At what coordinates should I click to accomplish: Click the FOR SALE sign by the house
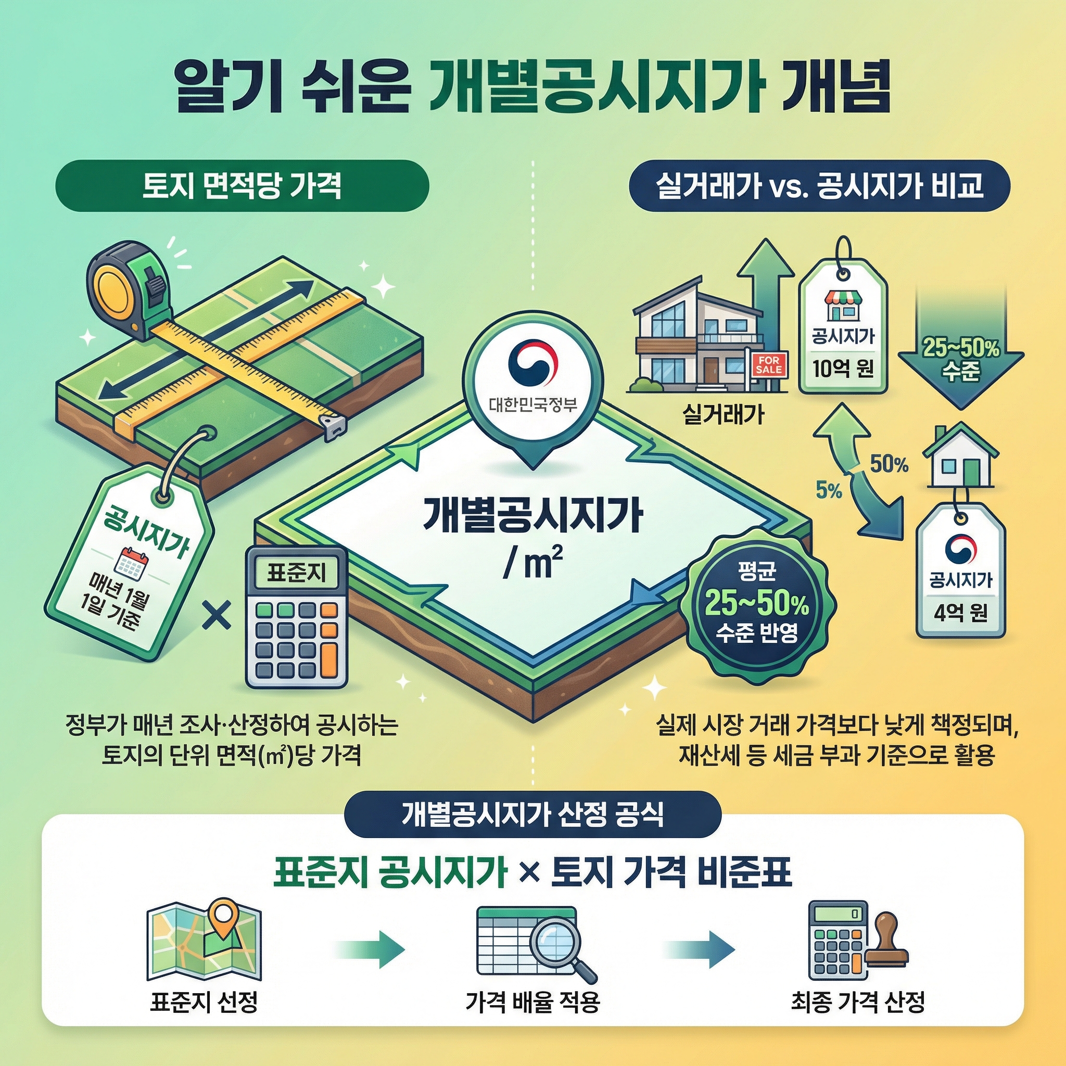(768, 365)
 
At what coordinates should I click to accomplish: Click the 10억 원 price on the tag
(843, 369)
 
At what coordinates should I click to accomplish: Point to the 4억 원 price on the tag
(961, 613)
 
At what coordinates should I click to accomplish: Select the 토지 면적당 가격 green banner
(242, 186)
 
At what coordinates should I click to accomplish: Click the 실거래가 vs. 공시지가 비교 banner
(819, 186)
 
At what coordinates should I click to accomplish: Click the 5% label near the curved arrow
(828, 490)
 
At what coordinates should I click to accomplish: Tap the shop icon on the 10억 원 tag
(843, 305)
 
